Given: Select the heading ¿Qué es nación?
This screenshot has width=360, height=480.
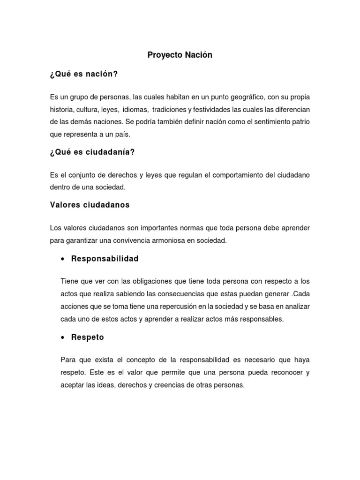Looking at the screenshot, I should (x=83, y=75).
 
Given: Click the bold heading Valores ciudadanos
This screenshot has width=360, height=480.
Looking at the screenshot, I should (x=90, y=205).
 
